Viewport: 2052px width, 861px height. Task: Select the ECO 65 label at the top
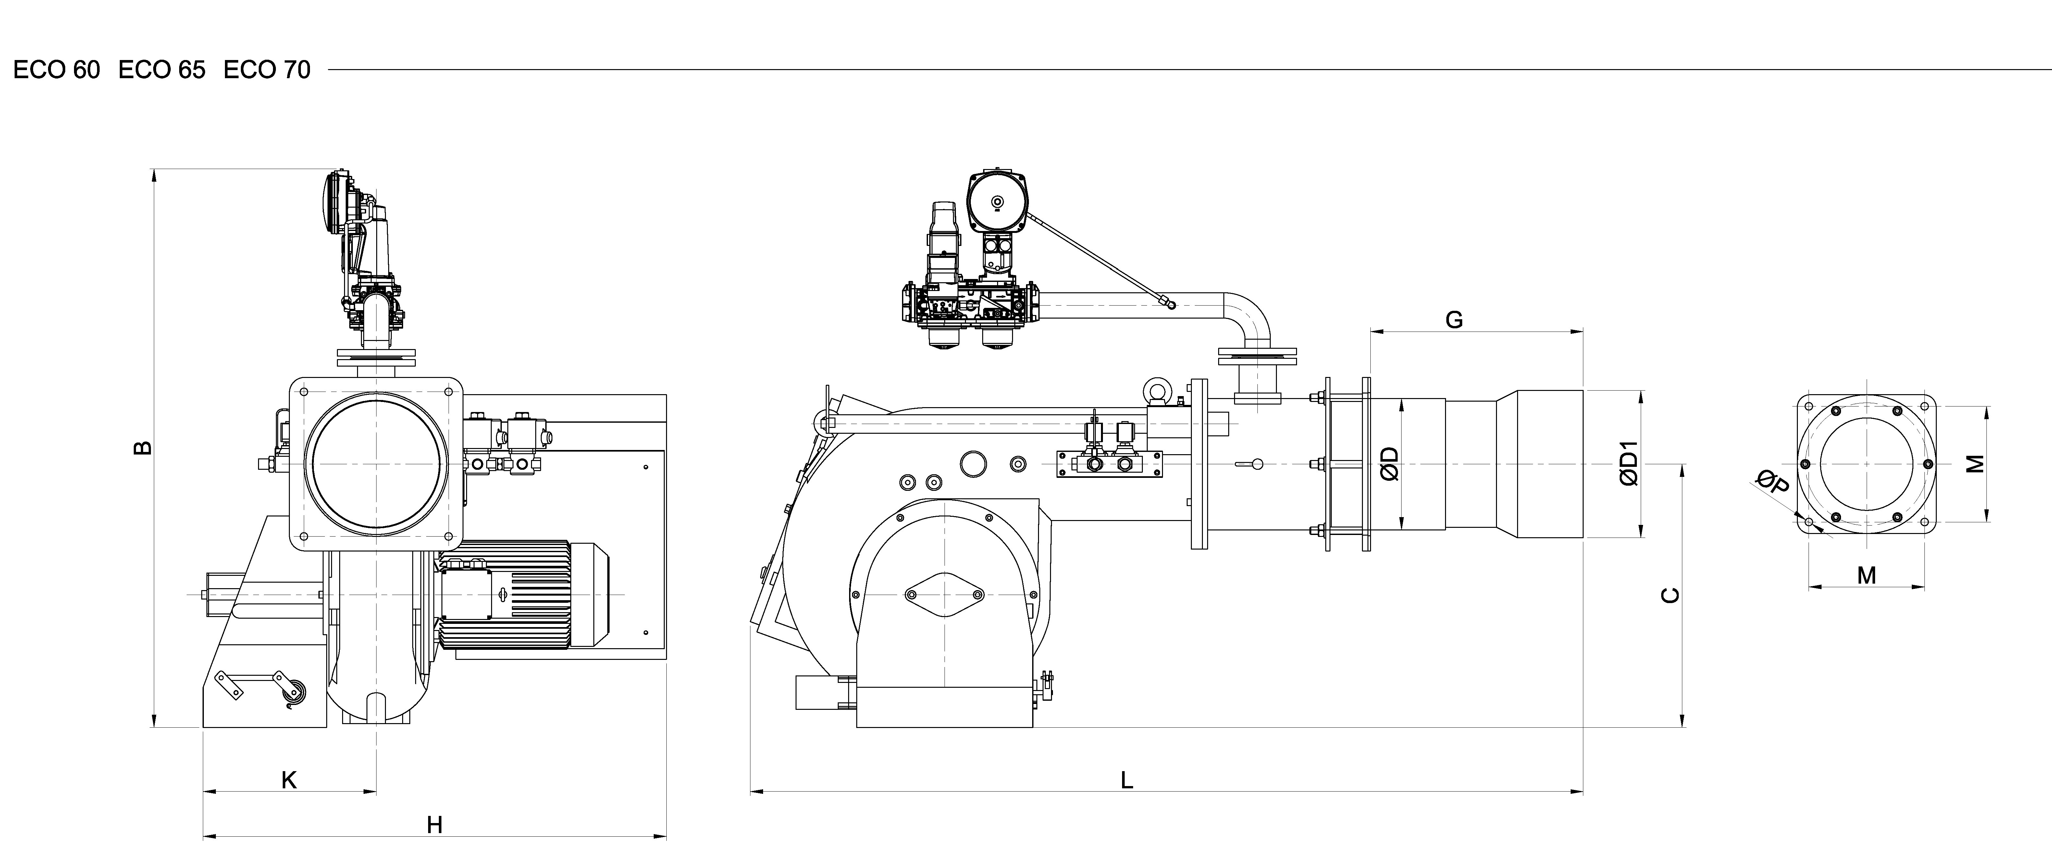coord(162,70)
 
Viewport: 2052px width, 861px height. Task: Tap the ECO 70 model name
coord(267,70)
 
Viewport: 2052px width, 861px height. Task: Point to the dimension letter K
coord(289,780)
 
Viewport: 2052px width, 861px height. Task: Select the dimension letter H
coord(434,825)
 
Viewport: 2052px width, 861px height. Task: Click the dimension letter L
coord(1126,781)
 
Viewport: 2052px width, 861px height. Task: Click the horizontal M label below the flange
coord(1866,575)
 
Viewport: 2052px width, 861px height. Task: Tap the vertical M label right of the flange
coord(1974,464)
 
